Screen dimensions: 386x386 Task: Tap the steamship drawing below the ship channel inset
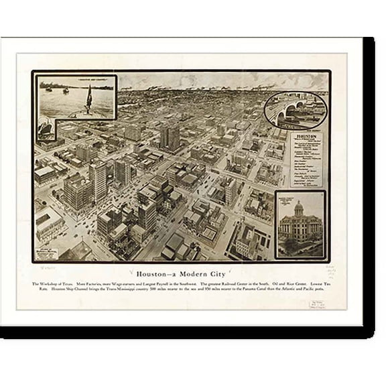coord(46,128)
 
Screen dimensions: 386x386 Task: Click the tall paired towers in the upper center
coord(170,137)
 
